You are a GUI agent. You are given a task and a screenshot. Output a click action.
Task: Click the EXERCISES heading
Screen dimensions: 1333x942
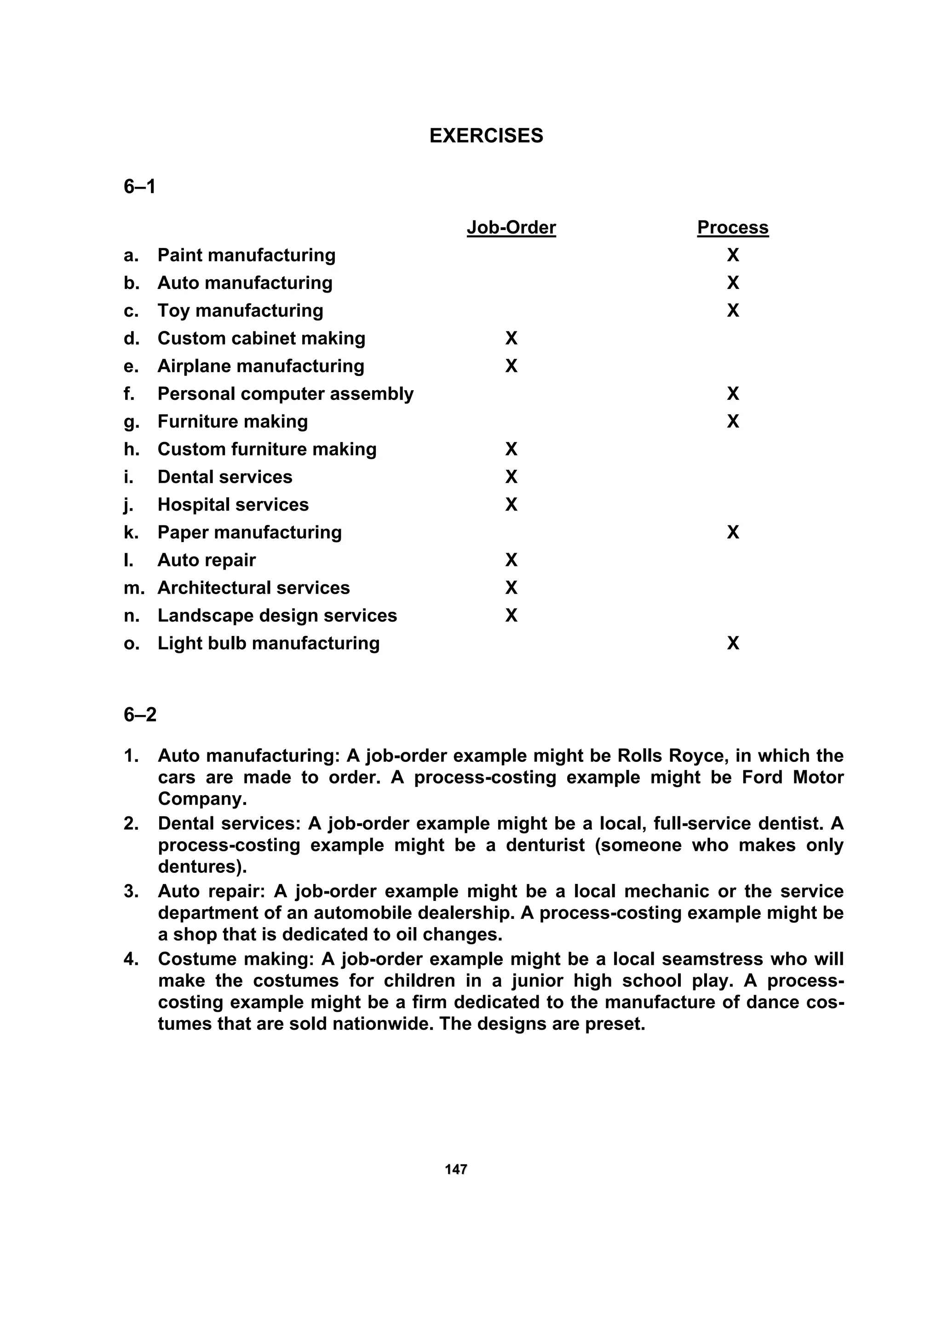[486, 135]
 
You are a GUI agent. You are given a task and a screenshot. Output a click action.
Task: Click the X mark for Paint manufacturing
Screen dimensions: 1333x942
[732, 255]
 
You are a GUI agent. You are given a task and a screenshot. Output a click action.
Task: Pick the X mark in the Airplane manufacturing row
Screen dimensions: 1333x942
[511, 366]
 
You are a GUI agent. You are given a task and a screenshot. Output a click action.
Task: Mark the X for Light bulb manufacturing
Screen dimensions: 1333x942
[732, 643]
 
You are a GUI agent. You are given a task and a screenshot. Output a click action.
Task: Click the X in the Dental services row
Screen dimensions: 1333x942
[511, 477]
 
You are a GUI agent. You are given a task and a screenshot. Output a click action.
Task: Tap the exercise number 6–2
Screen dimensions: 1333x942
[140, 714]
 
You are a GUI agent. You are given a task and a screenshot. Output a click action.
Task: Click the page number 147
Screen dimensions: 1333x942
[456, 1169]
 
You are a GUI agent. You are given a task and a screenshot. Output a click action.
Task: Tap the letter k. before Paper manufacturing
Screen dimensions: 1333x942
[131, 532]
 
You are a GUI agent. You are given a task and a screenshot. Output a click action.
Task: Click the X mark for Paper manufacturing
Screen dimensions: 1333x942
[732, 532]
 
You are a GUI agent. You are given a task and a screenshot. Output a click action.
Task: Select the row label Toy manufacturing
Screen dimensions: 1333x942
[240, 311]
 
